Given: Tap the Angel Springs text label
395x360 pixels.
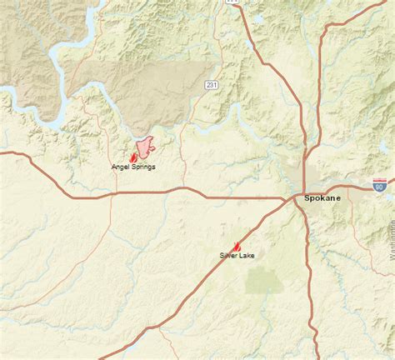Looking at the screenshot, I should coord(133,167).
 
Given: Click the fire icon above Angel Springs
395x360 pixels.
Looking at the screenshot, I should coord(133,156).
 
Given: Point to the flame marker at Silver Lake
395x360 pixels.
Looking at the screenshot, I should coord(237,246).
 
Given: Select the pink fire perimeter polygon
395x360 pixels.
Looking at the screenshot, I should coord(146,146).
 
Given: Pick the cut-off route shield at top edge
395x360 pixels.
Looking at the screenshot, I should coord(232,2).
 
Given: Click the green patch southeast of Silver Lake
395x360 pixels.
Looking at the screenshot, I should coord(265,281).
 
